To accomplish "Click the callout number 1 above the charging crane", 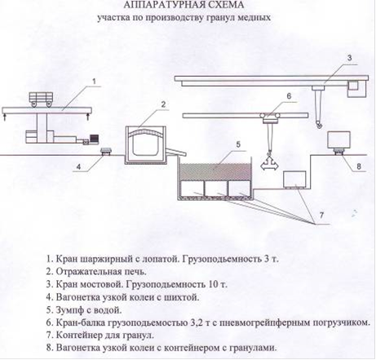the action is click(x=95, y=81).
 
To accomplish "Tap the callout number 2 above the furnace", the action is click(x=163, y=104).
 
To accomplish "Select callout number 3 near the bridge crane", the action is click(x=350, y=57).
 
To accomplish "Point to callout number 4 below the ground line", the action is click(x=78, y=167).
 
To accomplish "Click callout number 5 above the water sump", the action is click(x=238, y=144).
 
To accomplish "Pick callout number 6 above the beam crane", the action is click(x=289, y=96).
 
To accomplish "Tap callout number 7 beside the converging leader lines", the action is click(x=321, y=216).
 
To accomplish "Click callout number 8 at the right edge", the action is click(x=359, y=166).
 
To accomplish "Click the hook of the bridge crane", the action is click(x=318, y=124).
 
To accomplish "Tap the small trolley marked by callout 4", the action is click(x=106, y=151).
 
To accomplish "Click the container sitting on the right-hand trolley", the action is click(x=339, y=140).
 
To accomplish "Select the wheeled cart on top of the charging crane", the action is click(x=41, y=99).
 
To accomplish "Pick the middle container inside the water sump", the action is click(x=216, y=188).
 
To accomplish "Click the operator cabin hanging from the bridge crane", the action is click(x=356, y=89).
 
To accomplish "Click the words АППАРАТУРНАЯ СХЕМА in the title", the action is click(x=184, y=5).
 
